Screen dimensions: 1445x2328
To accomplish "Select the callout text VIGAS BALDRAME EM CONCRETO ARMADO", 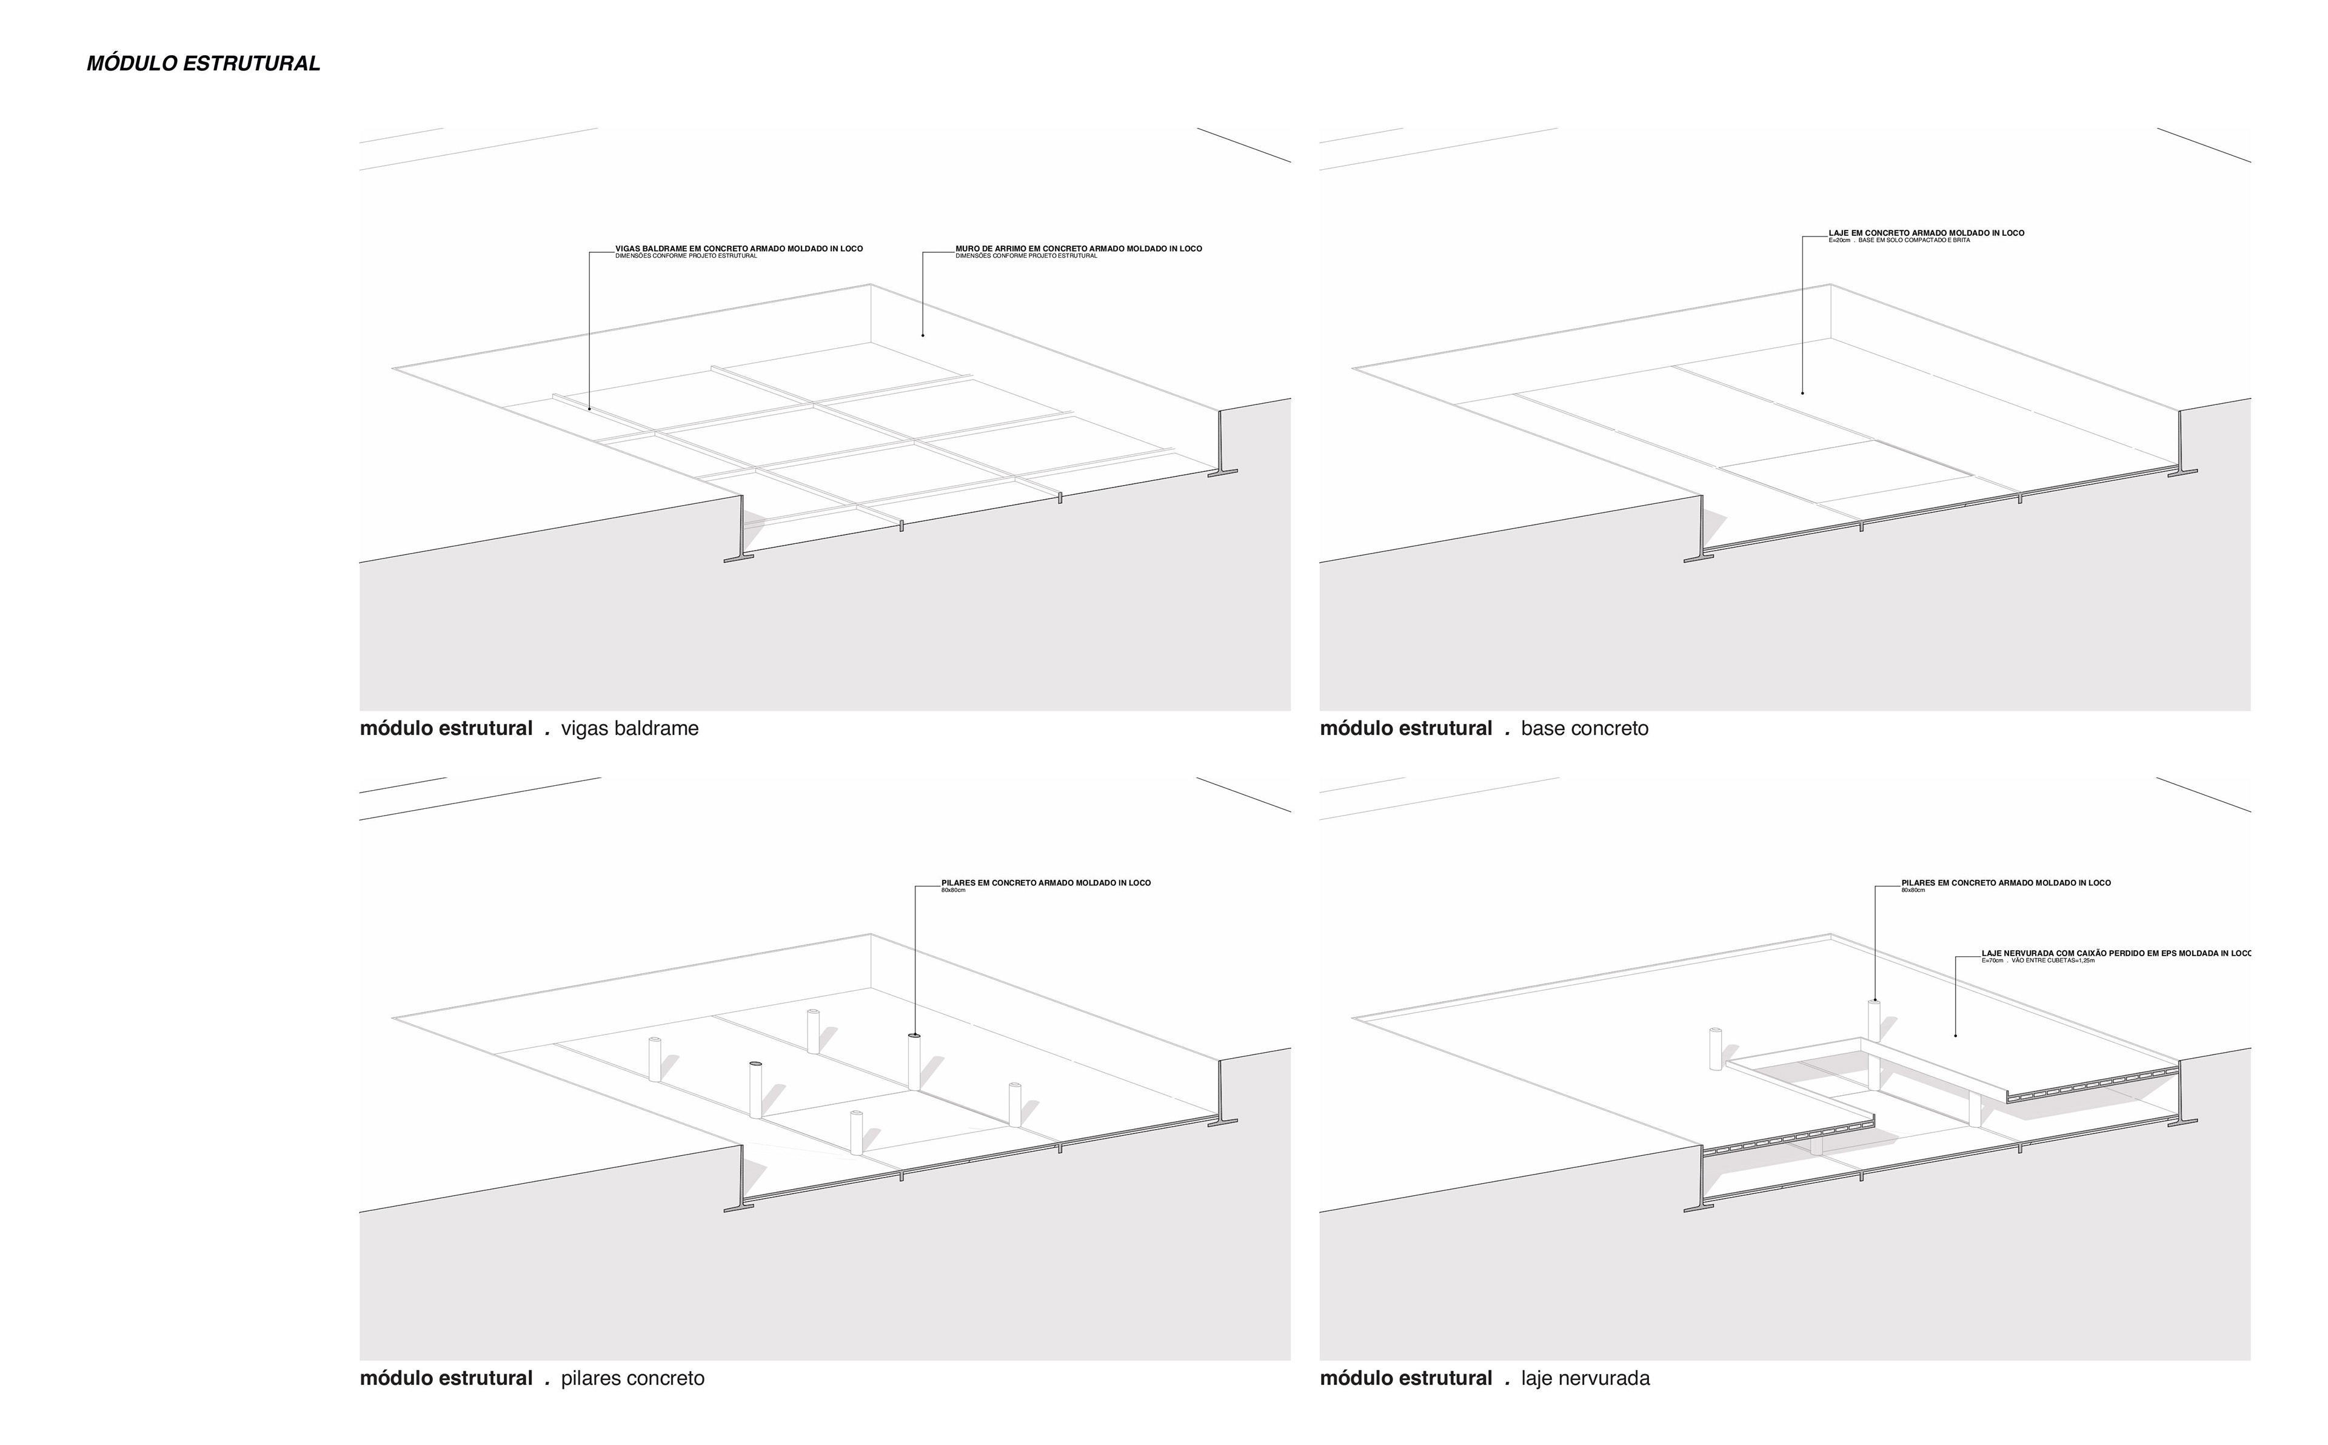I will (x=738, y=249).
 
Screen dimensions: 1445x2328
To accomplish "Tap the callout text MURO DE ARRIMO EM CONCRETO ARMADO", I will (x=1079, y=249).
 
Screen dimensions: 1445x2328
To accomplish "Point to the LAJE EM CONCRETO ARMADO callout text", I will (x=1926, y=232).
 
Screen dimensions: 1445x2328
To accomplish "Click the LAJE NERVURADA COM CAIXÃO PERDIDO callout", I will (x=2116, y=953).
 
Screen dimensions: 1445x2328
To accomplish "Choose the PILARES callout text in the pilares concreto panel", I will (x=1046, y=883).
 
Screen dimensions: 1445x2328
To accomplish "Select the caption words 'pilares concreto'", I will (x=632, y=1378).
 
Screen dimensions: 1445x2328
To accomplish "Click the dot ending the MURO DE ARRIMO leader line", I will (x=923, y=335).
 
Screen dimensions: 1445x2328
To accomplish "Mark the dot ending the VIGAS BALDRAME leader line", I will (x=589, y=409).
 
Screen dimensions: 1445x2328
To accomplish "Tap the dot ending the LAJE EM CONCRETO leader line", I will (x=1802, y=393).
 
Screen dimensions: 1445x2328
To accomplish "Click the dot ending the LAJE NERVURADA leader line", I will (x=1955, y=1036).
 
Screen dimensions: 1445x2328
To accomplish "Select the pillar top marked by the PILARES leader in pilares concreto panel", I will (x=914, y=1036).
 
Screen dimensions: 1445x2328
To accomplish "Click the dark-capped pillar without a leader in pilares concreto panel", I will (x=755, y=1063).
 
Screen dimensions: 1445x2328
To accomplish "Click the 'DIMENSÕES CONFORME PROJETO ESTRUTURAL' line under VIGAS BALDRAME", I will (x=685, y=256).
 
